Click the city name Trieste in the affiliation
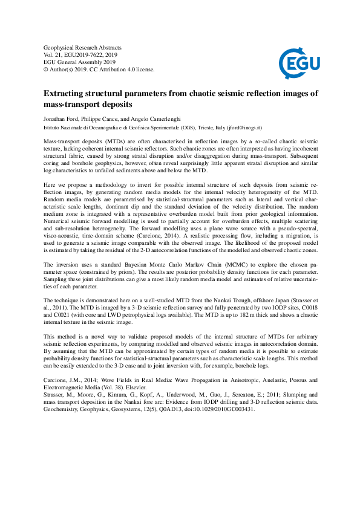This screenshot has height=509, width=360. coord(205,128)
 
